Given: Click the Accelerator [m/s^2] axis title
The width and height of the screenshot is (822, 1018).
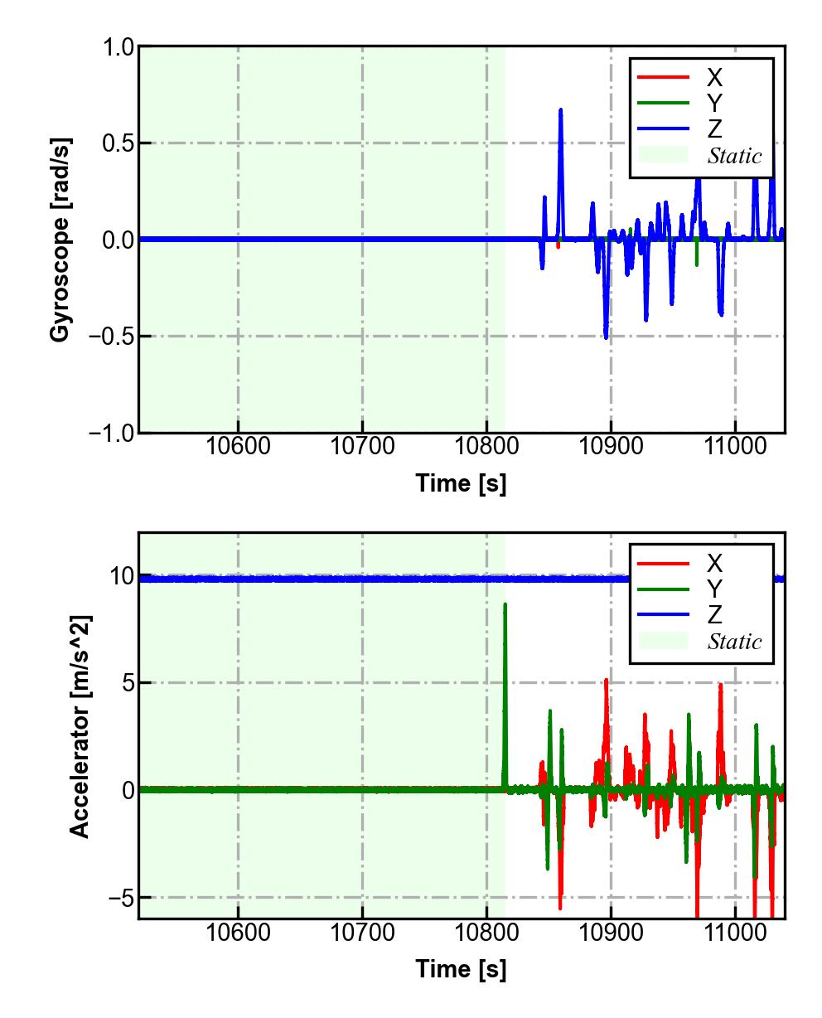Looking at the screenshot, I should tap(80, 726).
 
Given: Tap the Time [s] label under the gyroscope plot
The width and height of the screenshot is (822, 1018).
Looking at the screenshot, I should tap(461, 482).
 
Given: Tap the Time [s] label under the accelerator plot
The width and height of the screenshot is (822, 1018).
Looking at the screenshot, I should tap(461, 968).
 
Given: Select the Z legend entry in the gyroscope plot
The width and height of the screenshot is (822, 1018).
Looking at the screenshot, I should tap(714, 129).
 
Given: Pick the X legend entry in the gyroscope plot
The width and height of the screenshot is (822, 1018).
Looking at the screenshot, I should tap(714, 77).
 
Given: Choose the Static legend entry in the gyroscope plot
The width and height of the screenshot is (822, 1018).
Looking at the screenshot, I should tap(734, 156).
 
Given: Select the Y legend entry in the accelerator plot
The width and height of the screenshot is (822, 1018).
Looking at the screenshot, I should tap(714, 589).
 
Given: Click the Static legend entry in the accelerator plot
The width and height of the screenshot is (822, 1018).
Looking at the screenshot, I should tap(734, 642).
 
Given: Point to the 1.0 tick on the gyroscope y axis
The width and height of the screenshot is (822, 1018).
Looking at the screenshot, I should tap(118, 47).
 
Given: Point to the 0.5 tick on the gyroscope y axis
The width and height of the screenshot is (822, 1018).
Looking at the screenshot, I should tap(118, 143).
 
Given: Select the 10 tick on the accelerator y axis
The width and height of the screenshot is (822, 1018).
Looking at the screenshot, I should tap(121, 576).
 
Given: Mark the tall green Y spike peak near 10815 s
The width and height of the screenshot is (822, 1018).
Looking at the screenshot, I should tap(505, 604).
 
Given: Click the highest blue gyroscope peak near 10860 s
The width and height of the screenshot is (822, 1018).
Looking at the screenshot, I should tap(560, 109).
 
